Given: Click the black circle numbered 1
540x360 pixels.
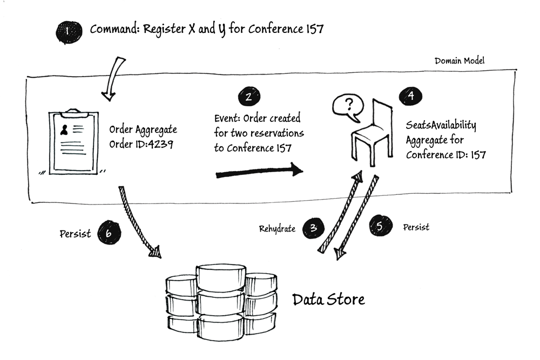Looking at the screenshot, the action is pyautogui.click(x=69, y=32).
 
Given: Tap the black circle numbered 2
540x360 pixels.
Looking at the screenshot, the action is pyautogui.click(x=249, y=97).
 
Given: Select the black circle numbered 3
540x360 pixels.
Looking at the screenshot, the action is pyautogui.click(x=313, y=228).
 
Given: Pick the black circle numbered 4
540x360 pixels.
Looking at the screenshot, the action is pyautogui.click(x=410, y=96).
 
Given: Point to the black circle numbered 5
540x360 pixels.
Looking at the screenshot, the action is pyautogui.click(x=381, y=226).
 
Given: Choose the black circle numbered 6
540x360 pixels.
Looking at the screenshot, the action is pyautogui.click(x=109, y=233).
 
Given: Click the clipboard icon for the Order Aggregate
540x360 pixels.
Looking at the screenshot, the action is pyautogui.click(x=73, y=141).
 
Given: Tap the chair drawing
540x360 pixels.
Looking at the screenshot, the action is pyautogui.click(x=372, y=133).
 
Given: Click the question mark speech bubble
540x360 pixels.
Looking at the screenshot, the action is pyautogui.click(x=348, y=107).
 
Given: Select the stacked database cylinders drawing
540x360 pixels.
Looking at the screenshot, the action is pyautogui.click(x=221, y=303).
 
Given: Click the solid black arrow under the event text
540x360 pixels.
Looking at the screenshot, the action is pyautogui.click(x=259, y=171).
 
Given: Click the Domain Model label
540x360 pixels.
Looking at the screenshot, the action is pyautogui.click(x=460, y=61).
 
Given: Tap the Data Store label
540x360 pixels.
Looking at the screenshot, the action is pyautogui.click(x=328, y=300).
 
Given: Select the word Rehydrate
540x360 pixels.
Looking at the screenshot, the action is pyautogui.click(x=277, y=229).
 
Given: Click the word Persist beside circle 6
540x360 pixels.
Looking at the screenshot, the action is pyautogui.click(x=75, y=234).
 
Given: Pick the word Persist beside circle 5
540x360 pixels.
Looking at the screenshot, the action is pyautogui.click(x=416, y=227).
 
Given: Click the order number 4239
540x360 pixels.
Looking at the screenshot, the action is pyautogui.click(x=160, y=144).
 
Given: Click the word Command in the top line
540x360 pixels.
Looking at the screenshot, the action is pyautogui.click(x=114, y=29).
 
